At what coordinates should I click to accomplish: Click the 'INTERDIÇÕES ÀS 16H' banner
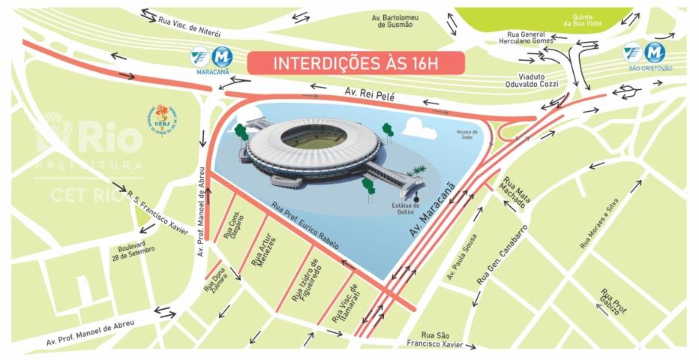pos(356,62)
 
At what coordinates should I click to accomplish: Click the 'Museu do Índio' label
pos(468,136)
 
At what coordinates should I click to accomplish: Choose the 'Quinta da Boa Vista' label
pos(578,18)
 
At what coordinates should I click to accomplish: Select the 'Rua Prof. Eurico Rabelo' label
pos(304,226)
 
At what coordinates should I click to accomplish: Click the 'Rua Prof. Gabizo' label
pos(610,302)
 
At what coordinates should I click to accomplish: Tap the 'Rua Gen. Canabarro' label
pos(503,255)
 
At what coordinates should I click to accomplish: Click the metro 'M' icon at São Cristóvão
pos(655,52)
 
